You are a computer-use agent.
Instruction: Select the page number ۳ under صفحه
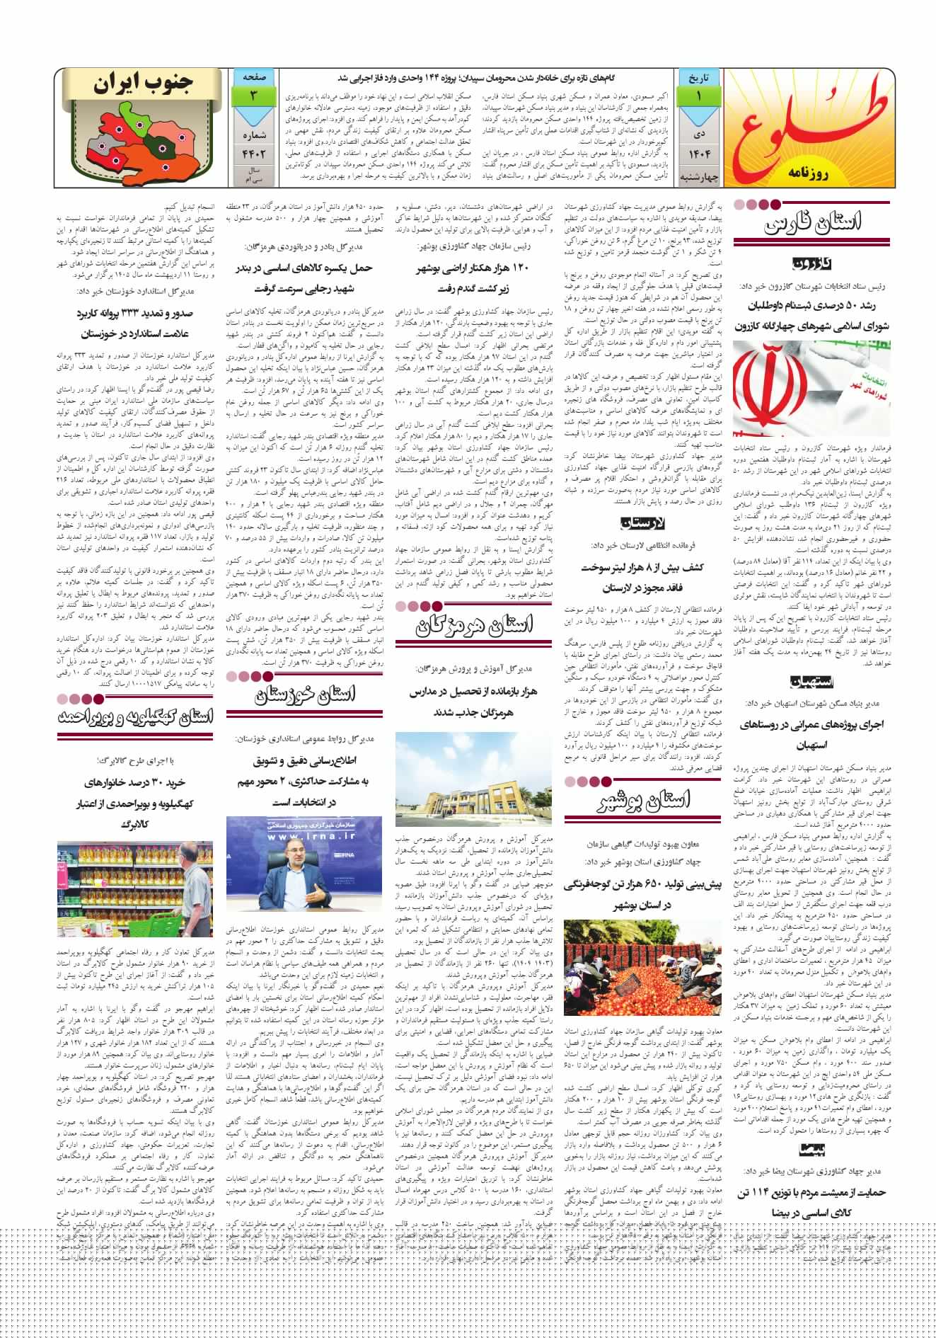click(252, 94)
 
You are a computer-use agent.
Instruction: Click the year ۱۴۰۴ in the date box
click(699, 153)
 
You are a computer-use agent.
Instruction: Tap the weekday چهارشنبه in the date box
click(699, 176)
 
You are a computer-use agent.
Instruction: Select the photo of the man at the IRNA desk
click(304, 867)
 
